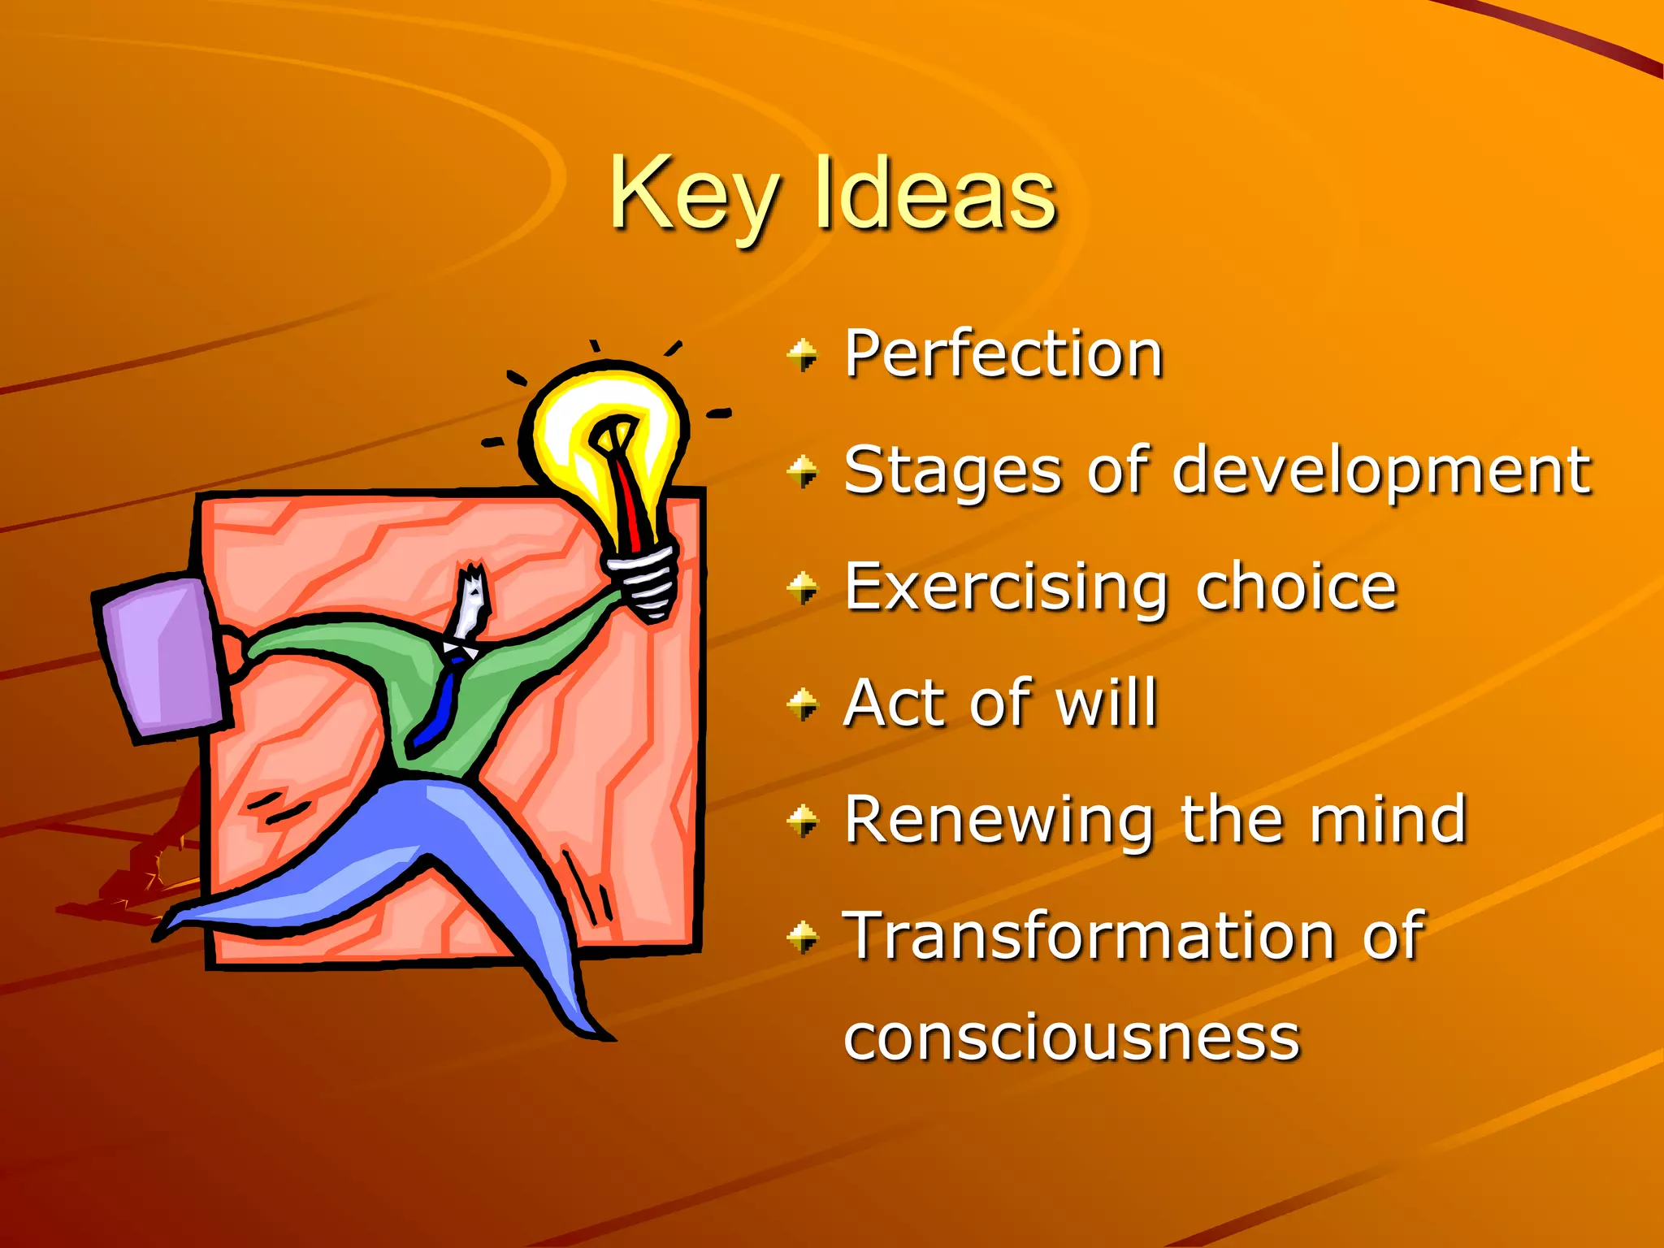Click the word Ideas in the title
tap(934, 195)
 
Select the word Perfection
tap(1003, 354)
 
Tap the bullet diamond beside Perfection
tap(803, 355)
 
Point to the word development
tap(1381, 471)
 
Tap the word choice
tap(1296, 587)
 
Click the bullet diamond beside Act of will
tap(803, 704)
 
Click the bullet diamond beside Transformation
tap(803, 937)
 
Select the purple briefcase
tap(162, 658)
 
